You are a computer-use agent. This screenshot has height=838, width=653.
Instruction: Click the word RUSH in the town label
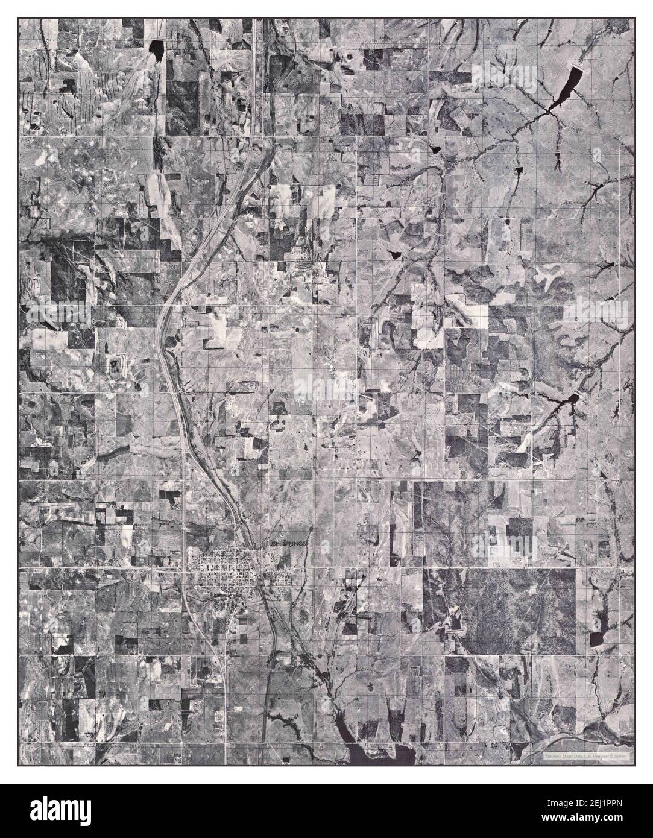[273, 544]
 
